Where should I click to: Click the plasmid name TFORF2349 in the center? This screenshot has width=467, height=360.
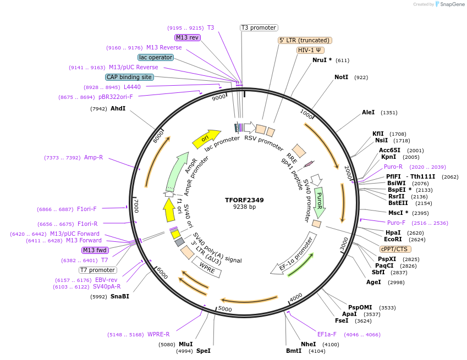(x=244, y=200)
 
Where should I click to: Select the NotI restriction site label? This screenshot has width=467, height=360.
(x=341, y=77)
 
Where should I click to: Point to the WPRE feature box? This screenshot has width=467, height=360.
(x=206, y=268)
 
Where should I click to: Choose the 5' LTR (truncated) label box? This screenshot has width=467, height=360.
(x=305, y=40)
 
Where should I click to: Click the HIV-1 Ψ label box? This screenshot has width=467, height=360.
(x=310, y=50)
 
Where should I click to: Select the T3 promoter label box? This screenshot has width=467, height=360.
(x=259, y=27)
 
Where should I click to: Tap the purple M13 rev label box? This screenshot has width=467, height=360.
(x=188, y=37)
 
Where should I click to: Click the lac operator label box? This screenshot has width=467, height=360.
(x=156, y=57)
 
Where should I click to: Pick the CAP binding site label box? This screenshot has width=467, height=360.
(x=129, y=77)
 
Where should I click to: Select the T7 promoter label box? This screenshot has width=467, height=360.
(x=97, y=270)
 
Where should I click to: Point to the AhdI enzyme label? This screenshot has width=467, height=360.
(x=118, y=109)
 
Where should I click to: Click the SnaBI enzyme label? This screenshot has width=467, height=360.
(x=119, y=297)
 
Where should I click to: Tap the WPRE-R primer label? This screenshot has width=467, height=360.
(x=158, y=334)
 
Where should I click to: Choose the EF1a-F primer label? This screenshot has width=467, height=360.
(x=326, y=334)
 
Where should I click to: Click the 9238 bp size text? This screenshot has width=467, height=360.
(x=244, y=207)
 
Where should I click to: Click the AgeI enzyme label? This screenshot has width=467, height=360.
(x=373, y=283)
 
